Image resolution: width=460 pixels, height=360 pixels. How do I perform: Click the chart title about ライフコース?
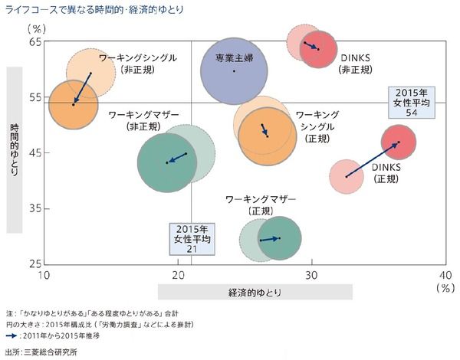click(103, 9)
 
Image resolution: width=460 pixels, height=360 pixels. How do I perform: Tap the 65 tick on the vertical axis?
click(35, 42)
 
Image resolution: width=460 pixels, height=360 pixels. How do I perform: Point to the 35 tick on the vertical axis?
click(35, 208)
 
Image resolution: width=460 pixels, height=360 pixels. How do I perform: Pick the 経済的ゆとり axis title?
click(255, 292)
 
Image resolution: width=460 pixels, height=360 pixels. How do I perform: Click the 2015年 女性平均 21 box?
click(193, 239)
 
